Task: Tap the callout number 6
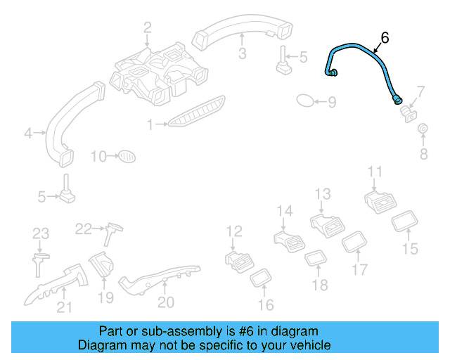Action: (x=385, y=37)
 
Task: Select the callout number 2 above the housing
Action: (x=148, y=28)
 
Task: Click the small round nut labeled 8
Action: (x=423, y=129)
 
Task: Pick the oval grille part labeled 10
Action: (x=124, y=155)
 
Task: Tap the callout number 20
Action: (x=165, y=302)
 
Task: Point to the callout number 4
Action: (x=29, y=132)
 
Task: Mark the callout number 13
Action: (x=322, y=194)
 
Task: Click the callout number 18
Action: (x=320, y=285)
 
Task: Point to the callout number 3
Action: (x=241, y=53)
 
